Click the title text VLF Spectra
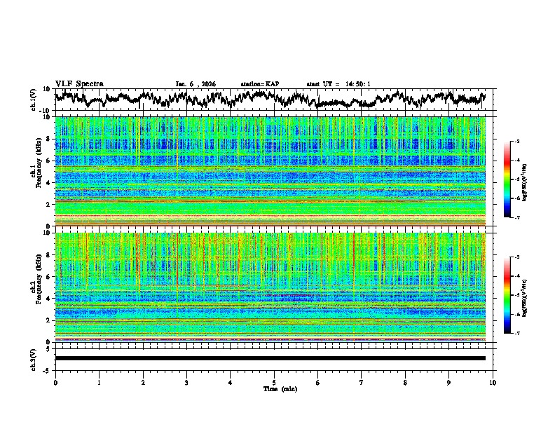point(79,83)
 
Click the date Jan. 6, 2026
point(196,84)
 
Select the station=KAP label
point(260,84)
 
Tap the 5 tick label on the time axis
point(274,382)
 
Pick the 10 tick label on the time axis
point(493,382)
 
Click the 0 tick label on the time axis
point(55,382)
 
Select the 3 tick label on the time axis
point(186,382)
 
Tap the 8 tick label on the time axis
point(405,382)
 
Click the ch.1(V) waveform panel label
point(34,100)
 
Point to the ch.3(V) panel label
point(34,357)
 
